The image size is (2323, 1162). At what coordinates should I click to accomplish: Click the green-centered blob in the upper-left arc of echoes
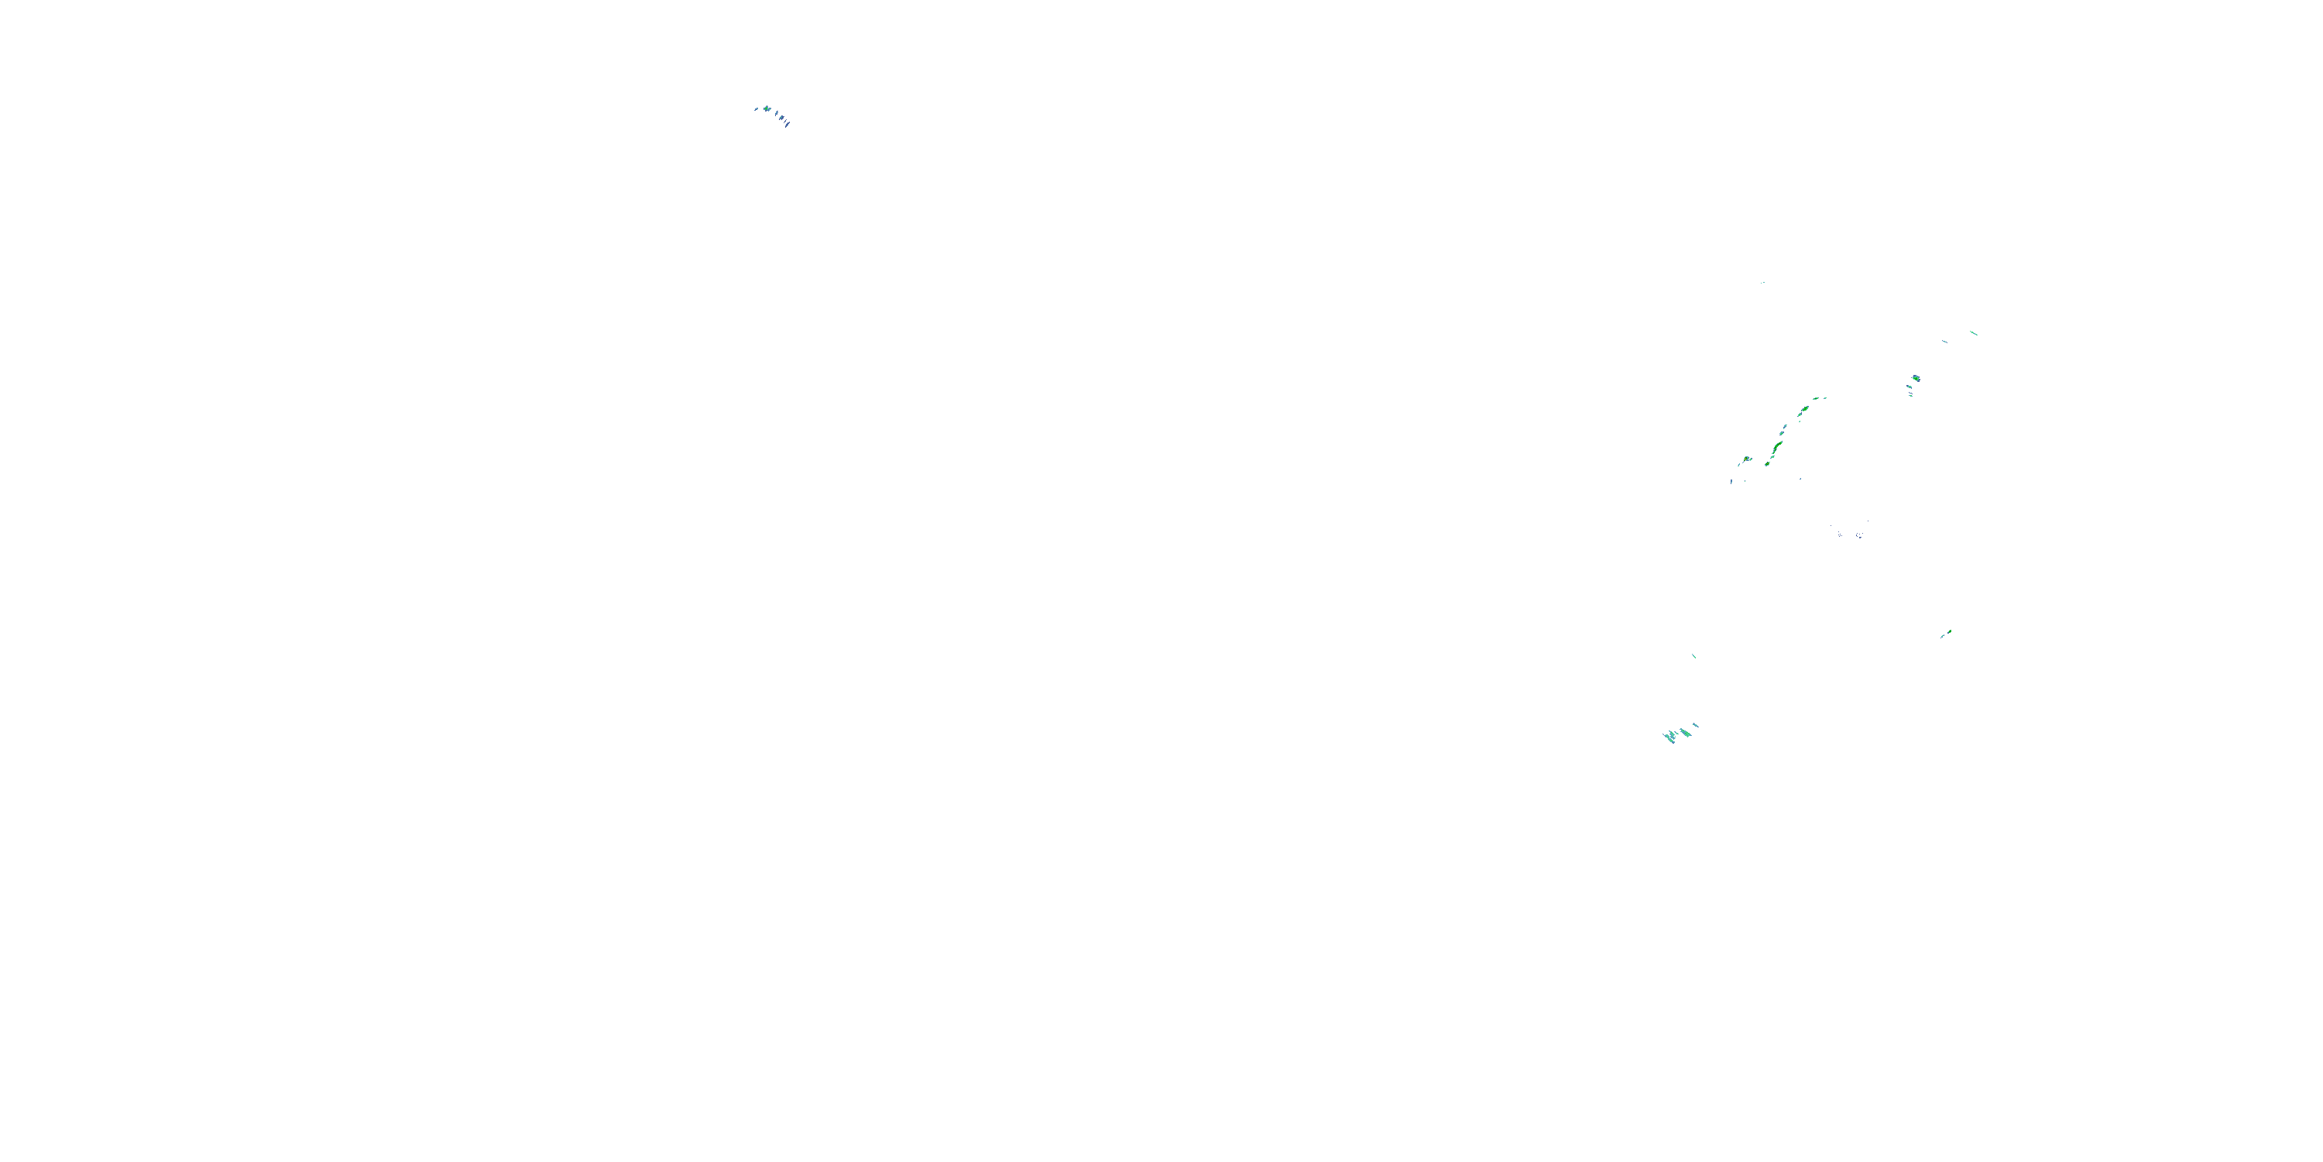[x=767, y=109]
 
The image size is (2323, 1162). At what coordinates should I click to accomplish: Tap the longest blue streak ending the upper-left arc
[x=787, y=125]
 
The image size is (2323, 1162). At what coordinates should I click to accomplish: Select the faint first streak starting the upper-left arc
[x=757, y=109]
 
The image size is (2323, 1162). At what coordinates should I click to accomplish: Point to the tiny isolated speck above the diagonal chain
[x=1763, y=283]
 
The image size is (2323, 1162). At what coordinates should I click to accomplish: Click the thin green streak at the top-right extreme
[x=1974, y=333]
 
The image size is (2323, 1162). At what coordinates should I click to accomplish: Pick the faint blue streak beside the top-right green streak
[x=1944, y=341]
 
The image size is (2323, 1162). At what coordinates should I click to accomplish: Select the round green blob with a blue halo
[x=1916, y=378]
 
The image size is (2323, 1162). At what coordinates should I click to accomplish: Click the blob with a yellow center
[x=1747, y=459]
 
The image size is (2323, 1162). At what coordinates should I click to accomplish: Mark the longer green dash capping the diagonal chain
[x=1816, y=399]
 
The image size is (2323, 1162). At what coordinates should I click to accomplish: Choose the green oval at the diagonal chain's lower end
[x=1768, y=465]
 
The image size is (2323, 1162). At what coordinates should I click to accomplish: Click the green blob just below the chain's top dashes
[x=1806, y=409]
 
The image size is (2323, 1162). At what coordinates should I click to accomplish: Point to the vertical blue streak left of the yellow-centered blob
[x=1731, y=481]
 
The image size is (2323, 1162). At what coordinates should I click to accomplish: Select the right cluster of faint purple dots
[x=1859, y=535]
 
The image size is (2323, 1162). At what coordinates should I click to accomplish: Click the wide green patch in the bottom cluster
[x=1686, y=733]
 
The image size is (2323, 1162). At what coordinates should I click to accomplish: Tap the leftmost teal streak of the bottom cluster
[x=1669, y=738]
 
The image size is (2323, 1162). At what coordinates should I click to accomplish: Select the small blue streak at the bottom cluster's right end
[x=1697, y=725]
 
